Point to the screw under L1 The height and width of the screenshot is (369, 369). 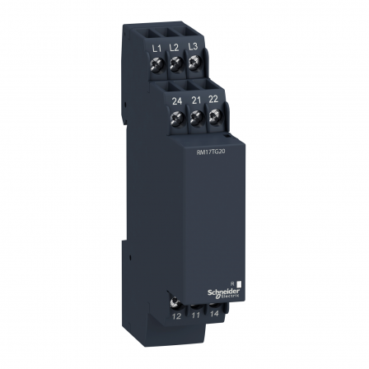tap(157, 65)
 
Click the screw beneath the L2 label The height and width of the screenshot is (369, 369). tap(175, 66)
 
